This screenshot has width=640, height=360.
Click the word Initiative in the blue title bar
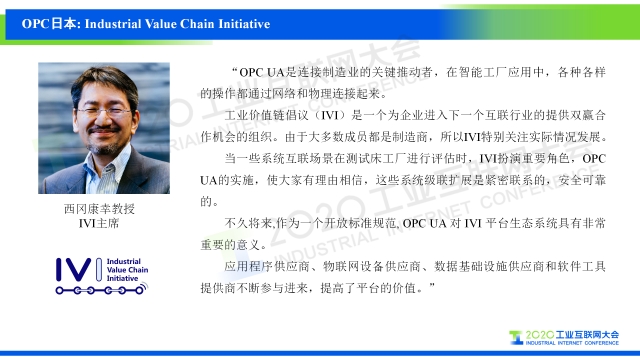click(244, 24)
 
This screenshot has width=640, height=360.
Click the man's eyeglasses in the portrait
click(104, 111)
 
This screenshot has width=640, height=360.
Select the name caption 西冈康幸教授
click(99, 209)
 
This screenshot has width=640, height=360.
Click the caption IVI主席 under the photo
click(99, 223)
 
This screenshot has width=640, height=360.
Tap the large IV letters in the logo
click(73, 269)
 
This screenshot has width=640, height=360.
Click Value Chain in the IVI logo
click(127, 270)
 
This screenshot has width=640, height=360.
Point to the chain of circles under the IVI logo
click(100, 290)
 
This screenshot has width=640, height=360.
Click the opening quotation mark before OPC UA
click(234, 70)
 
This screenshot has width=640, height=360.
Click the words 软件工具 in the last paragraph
click(582, 267)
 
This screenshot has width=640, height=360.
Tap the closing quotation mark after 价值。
click(432, 286)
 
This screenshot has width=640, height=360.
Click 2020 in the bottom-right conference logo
click(540, 335)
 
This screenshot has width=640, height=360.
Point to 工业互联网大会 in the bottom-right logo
click(588, 335)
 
